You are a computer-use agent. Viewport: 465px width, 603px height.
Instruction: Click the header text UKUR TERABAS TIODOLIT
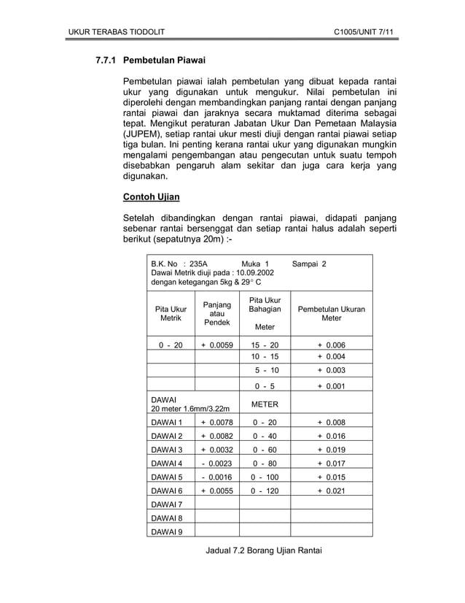coord(116,33)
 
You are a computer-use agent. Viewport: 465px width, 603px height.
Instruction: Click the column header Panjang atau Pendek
coord(216,313)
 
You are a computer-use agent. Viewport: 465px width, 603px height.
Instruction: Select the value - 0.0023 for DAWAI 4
coord(216,462)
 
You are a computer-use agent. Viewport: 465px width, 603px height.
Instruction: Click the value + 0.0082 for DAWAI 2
coord(216,436)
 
